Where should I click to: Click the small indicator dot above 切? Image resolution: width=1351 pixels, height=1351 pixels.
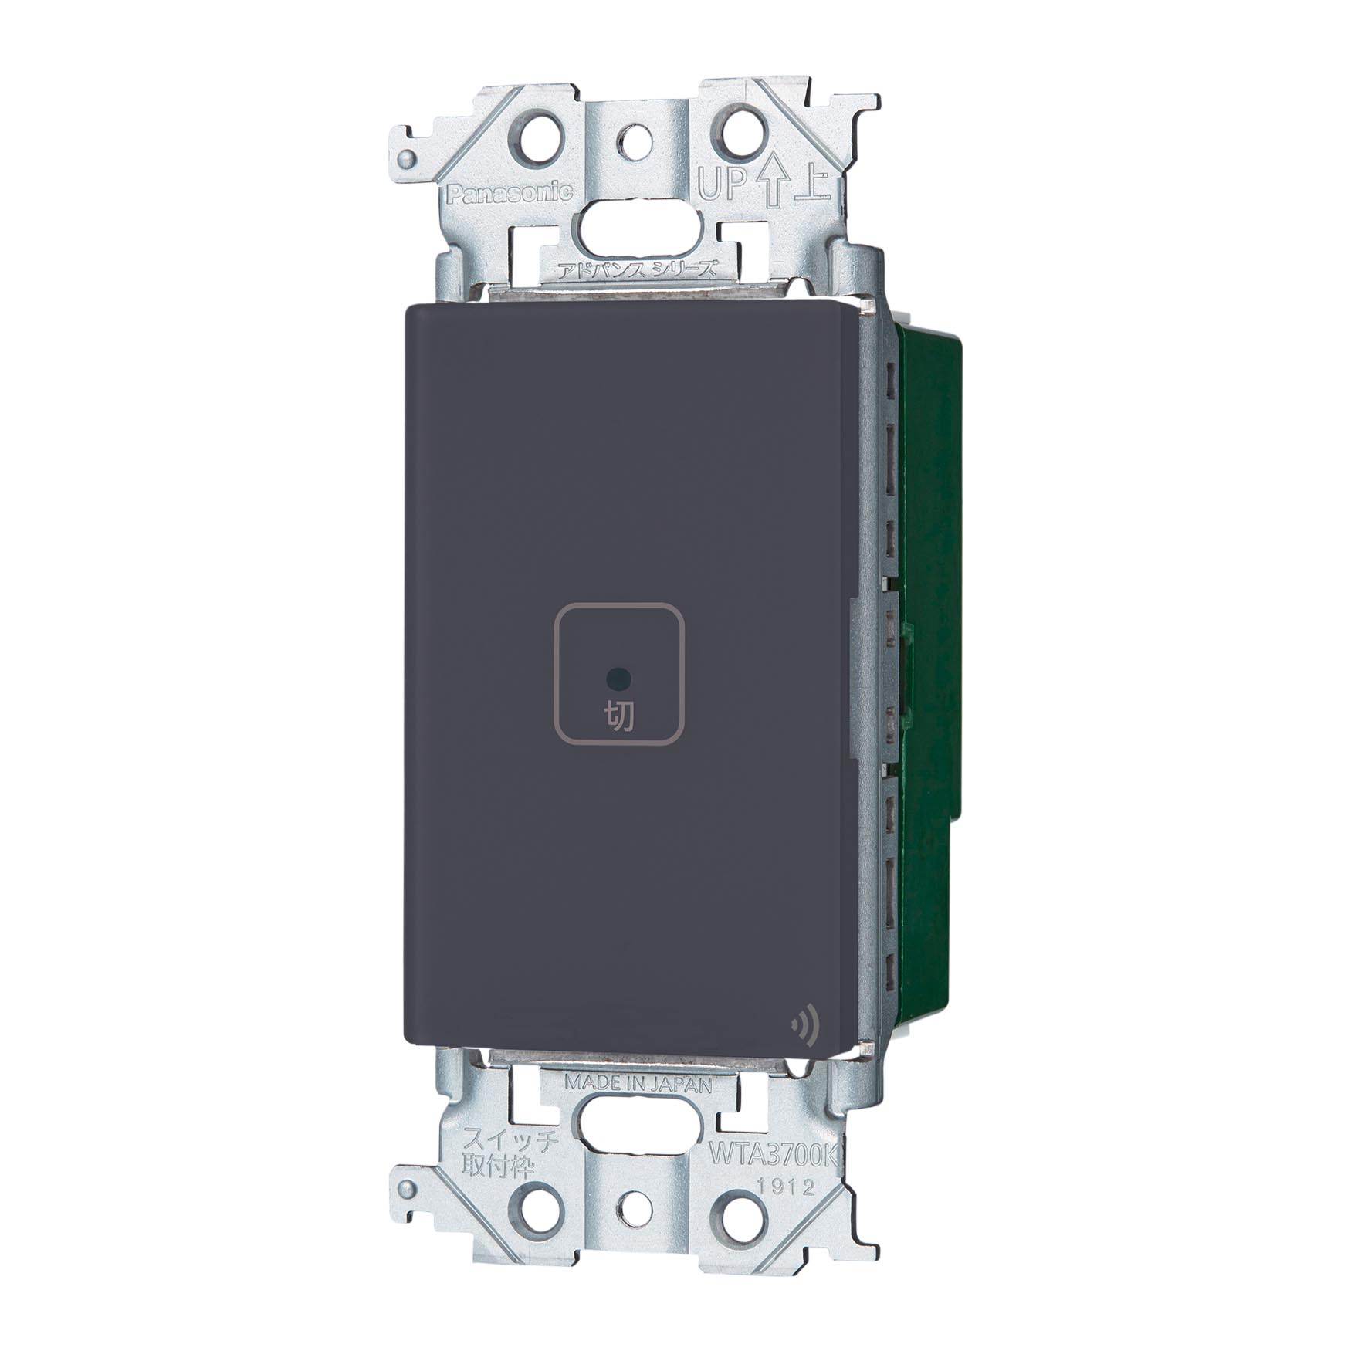click(619, 679)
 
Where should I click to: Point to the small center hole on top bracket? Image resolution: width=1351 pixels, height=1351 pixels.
click(638, 138)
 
